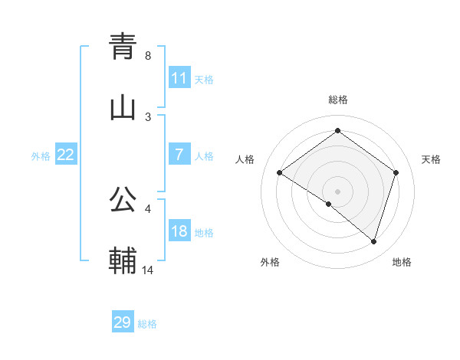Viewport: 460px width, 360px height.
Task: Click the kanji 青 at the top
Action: tap(123, 46)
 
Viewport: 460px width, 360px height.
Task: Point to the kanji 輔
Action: tap(123, 260)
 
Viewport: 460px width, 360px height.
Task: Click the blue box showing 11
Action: tap(179, 78)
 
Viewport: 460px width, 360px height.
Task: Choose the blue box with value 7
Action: tap(179, 155)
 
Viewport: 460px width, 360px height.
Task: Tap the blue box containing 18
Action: tap(179, 232)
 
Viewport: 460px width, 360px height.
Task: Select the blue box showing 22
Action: tap(65, 155)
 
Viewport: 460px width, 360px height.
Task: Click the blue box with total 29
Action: tap(123, 322)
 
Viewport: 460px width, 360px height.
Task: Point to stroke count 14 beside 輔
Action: tap(149, 270)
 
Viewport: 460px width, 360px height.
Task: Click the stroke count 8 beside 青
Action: tap(148, 56)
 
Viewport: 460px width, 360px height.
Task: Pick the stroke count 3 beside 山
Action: tap(148, 116)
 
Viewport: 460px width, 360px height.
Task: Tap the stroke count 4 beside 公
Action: tap(148, 208)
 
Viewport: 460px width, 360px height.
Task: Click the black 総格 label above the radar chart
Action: tap(337, 100)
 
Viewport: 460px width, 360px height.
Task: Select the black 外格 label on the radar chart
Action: tap(270, 262)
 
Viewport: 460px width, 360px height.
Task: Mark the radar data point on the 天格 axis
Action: tap(396, 172)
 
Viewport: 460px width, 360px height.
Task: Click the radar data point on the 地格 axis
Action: tap(373, 241)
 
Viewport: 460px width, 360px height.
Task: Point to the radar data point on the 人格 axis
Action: tap(280, 172)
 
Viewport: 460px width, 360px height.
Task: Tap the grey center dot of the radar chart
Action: tap(337, 191)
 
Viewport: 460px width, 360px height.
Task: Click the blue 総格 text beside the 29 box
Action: tap(148, 324)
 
